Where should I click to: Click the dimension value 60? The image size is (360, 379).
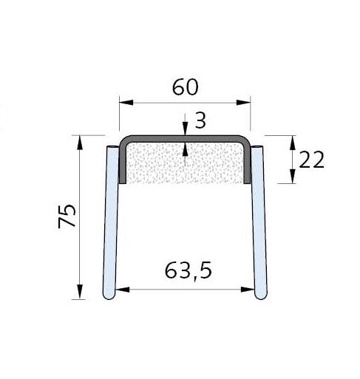click(x=186, y=87)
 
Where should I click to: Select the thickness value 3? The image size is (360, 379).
click(x=200, y=120)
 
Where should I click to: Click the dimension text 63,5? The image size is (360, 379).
click(x=186, y=271)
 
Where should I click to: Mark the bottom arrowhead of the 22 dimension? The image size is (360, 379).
click(x=293, y=180)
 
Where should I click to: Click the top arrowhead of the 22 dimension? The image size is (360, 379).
click(x=293, y=140)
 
